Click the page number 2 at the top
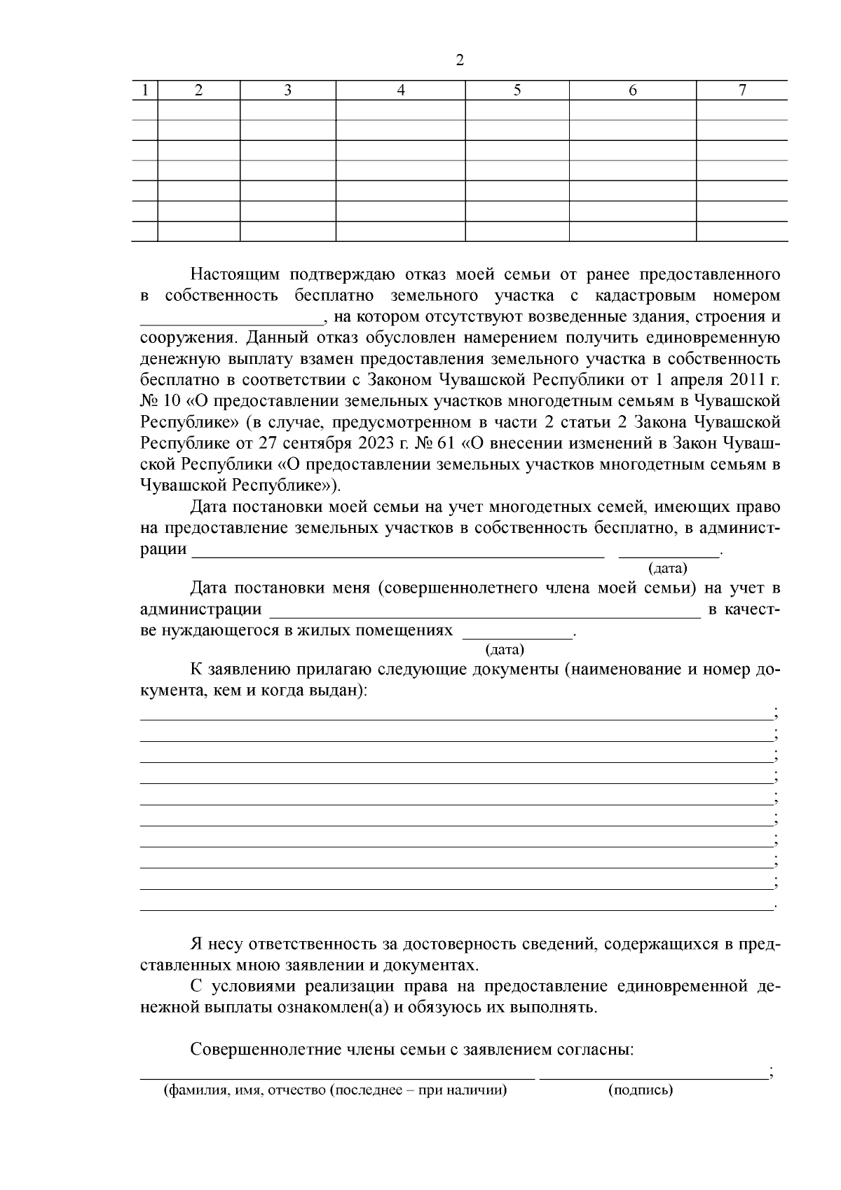pyautogui.click(x=460, y=60)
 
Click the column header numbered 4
pyautogui.click(x=401, y=90)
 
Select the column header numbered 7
pyautogui.click(x=742, y=90)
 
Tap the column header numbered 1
pyautogui.click(x=145, y=90)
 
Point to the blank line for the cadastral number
pyautogui.click(x=232, y=321)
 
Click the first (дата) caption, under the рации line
pyautogui.click(x=668, y=567)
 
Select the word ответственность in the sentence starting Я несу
pyautogui.click(x=306, y=944)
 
